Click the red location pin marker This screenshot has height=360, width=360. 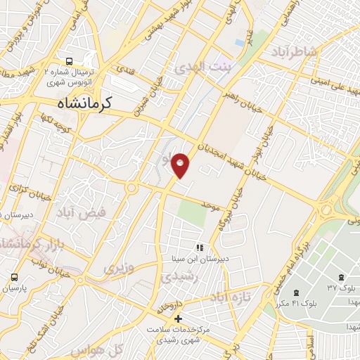(x=181, y=166)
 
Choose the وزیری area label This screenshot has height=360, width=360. (x=119, y=268)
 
